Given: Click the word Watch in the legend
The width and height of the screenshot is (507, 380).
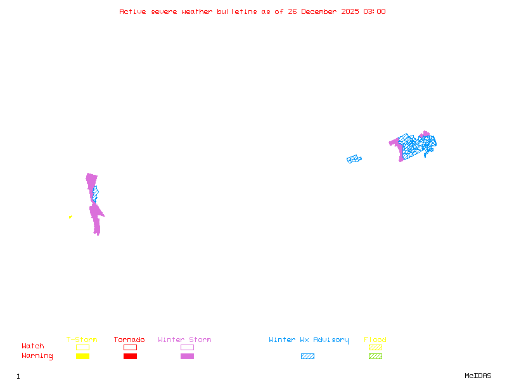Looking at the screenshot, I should tap(33, 346).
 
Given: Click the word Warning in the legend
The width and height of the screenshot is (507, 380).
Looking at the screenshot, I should tap(37, 356).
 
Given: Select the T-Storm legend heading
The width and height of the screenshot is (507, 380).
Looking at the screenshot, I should tap(82, 340).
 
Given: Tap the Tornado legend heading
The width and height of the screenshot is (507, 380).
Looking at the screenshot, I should tap(129, 340).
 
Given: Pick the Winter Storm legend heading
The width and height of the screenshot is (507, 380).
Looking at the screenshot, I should tap(184, 340).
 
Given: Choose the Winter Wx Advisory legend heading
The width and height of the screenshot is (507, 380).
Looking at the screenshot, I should tap(309, 340).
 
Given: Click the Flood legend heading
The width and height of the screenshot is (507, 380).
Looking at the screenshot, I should tap(375, 340).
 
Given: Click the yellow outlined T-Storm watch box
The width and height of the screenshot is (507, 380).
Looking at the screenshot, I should tap(82, 347).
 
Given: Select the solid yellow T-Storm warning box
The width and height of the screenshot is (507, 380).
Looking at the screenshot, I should tap(82, 357).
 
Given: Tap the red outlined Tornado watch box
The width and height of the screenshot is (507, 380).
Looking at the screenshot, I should tap(130, 347).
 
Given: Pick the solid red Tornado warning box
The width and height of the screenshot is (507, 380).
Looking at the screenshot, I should tap(130, 357).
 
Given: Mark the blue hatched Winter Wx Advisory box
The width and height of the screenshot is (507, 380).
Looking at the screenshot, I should tap(307, 357).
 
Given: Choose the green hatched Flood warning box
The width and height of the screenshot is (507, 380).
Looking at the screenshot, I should tap(375, 357).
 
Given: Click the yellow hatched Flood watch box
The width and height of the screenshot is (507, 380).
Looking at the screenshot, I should tap(375, 347).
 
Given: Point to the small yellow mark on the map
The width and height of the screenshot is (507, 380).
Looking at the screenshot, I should tap(70, 217).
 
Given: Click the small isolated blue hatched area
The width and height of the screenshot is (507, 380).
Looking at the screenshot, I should tap(354, 159).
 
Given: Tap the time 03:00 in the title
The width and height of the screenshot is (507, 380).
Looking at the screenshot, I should tap(375, 11).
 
